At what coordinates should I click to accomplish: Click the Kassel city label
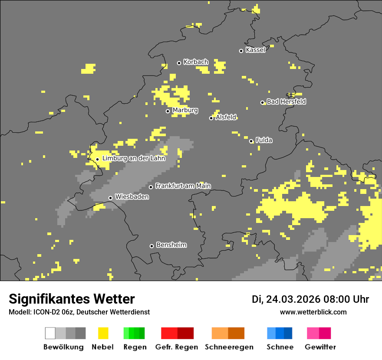click(255, 50)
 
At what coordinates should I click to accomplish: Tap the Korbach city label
click(196, 62)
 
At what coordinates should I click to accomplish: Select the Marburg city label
click(185, 110)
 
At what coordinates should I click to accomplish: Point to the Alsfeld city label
click(226, 117)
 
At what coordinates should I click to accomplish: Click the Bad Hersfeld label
click(286, 101)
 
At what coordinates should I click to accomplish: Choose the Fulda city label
click(264, 140)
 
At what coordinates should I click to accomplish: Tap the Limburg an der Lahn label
click(134, 158)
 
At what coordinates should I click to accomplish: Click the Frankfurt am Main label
click(183, 186)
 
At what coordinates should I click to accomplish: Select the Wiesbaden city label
click(132, 197)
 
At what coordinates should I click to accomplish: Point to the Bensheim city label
click(171, 245)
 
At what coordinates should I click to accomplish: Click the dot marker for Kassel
click(241, 51)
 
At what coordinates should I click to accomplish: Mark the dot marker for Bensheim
click(151, 246)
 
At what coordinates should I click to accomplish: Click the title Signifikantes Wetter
click(72, 299)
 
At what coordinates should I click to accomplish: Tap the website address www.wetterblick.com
click(313, 312)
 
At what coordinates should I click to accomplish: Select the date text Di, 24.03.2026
click(286, 299)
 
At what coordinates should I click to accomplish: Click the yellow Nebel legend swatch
click(103, 333)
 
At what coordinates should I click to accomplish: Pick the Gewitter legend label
click(320, 347)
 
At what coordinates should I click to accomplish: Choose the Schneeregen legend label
click(229, 347)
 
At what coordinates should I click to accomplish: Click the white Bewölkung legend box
click(50, 333)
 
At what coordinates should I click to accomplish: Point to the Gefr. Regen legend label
click(177, 347)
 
